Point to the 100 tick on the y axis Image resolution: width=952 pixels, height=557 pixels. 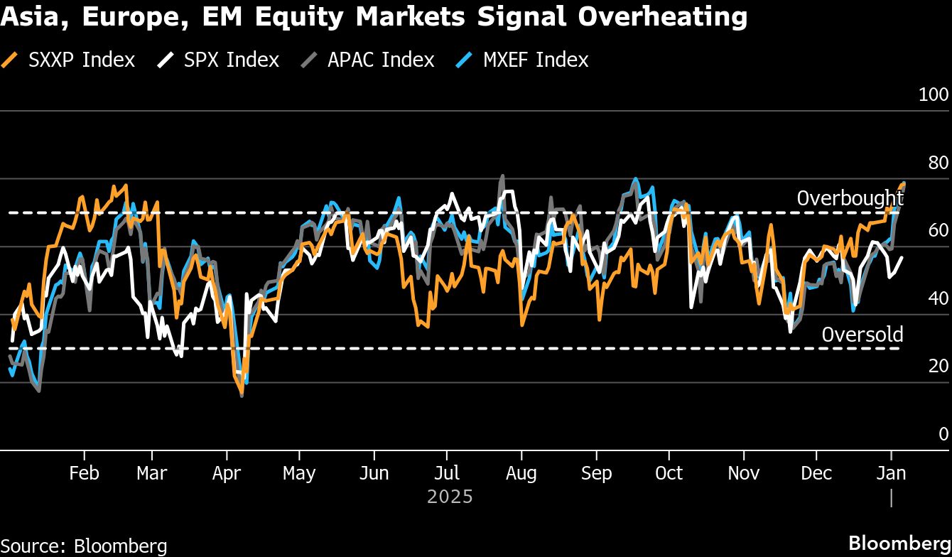tap(934, 94)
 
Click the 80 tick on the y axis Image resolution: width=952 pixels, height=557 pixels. tap(938, 163)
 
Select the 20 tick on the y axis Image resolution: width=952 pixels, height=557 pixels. tap(938, 366)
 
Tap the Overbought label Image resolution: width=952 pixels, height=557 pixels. tap(850, 198)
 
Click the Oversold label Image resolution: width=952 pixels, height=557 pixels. tap(862, 335)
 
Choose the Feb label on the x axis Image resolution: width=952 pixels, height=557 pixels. tap(84, 473)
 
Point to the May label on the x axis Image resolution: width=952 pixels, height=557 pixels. tap(299, 473)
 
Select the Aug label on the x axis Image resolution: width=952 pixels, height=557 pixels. tap(521, 473)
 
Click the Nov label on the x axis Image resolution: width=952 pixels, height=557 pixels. tap(743, 473)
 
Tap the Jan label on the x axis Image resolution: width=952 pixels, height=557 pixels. tap(891, 473)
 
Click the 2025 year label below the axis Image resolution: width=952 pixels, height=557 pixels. tap(450, 496)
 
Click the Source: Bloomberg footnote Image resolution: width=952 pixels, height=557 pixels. tap(84, 546)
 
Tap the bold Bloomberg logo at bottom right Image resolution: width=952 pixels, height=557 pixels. tap(899, 542)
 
